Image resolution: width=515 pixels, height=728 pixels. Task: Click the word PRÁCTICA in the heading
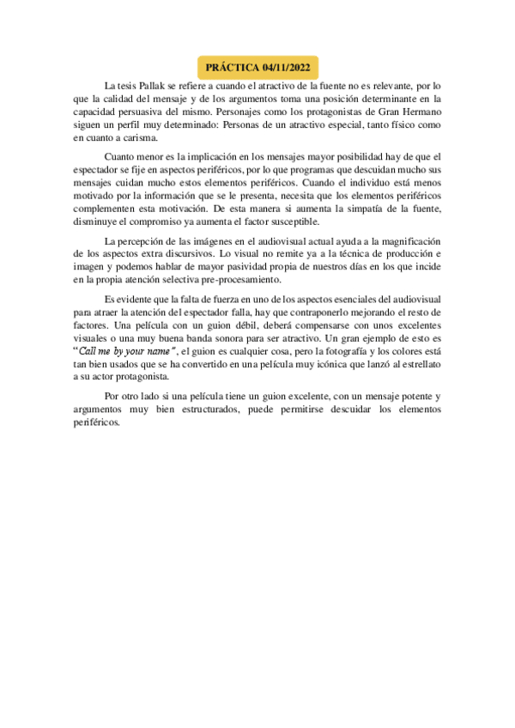click(233, 67)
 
